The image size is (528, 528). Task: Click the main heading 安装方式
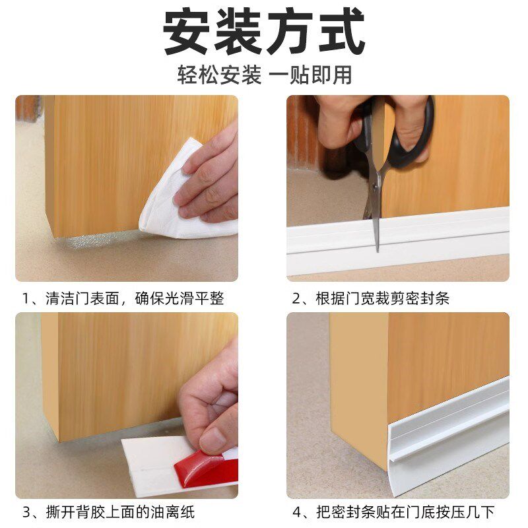(264, 32)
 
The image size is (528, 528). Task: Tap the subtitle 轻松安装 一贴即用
(264, 74)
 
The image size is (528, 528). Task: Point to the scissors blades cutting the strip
(376, 211)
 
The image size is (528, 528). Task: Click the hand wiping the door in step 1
(211, 172)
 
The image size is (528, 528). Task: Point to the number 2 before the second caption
(297, 298)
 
